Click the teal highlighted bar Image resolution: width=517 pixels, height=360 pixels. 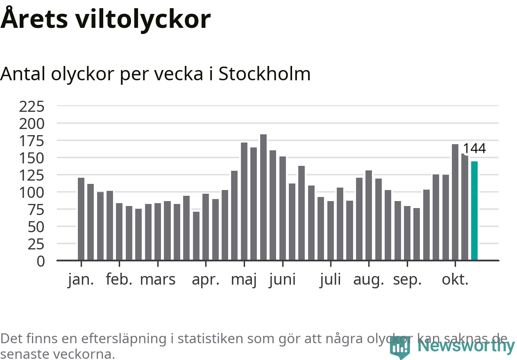(474, 211)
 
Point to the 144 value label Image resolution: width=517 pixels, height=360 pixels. (474, 149)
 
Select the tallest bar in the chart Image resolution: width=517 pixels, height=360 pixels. (263, 197)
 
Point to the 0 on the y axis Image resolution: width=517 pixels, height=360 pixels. (41, 261)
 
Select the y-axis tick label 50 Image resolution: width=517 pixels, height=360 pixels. (36, 226)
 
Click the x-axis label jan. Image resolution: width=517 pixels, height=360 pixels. (81, 280)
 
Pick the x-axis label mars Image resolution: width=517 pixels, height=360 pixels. (158, 280)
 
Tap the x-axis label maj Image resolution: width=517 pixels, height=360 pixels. (244, 281)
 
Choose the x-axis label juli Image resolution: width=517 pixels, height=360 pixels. (330, 280)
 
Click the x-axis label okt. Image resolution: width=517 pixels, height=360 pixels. (455, 280)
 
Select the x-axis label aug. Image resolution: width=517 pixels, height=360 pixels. (369, 281)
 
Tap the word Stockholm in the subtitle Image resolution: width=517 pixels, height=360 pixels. (264, 74)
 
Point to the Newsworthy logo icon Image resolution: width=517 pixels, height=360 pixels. (399, 348)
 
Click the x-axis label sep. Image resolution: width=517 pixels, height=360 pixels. (407, 281)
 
